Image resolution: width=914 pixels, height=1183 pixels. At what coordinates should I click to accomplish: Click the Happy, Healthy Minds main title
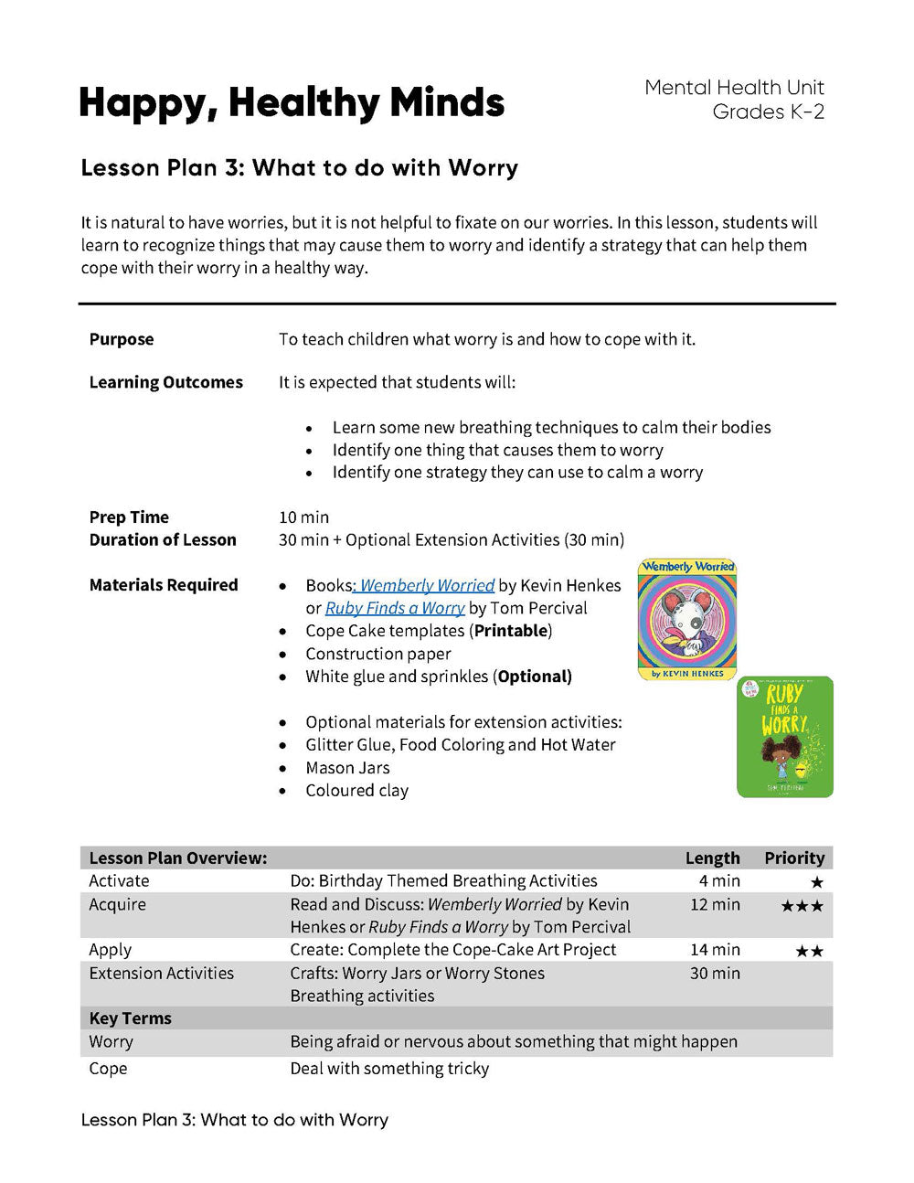292,103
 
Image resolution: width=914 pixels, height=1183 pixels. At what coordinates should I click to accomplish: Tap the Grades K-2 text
768,112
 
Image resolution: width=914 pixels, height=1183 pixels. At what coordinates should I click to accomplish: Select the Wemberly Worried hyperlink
427,585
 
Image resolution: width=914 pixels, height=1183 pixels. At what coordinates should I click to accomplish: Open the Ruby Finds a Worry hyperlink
395,608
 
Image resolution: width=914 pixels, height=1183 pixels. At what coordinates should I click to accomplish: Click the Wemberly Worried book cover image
687,620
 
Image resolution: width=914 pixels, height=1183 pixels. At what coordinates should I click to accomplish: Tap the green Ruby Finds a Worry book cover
785,737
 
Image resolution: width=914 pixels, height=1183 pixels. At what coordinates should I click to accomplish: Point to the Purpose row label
122,339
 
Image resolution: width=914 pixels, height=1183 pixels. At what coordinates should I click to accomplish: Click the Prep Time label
129,517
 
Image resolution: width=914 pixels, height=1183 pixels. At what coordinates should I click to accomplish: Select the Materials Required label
164,585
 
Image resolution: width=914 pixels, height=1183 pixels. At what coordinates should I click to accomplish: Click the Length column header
712,858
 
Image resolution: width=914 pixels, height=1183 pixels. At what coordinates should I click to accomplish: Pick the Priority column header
794,858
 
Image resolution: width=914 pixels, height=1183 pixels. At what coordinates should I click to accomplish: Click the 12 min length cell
715,904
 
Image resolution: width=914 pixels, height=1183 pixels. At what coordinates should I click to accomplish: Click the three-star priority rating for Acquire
802,906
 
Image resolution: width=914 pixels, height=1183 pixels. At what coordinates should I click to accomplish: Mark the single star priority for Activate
816,882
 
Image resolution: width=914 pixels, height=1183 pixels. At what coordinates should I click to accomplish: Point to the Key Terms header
131,1018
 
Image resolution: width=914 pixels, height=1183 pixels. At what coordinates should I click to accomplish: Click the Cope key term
108,1069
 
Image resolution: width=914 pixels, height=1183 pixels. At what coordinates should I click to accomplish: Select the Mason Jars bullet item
347,768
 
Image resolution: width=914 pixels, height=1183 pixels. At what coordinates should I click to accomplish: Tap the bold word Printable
511,631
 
